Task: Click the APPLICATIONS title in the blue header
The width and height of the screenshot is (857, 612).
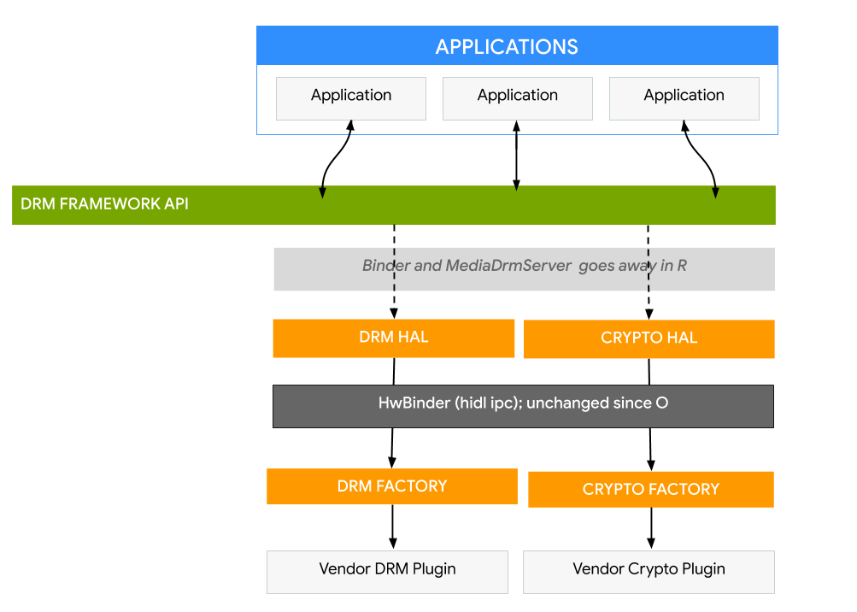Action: coord(507,46)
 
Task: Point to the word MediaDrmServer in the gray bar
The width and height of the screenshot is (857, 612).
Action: coord(508,266)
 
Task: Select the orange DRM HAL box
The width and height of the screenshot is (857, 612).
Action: coord(393,338)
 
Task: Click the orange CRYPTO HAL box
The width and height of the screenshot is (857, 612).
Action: coord(649,338)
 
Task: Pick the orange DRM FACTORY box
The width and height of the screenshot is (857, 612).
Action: coord(391,486)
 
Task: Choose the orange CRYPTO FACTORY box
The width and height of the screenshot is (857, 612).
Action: coord(650,489)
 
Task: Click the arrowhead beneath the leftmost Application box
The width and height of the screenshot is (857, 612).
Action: coord(350,127)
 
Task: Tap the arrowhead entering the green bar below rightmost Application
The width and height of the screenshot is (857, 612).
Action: coord(715,193)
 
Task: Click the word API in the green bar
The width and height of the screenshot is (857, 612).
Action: coord(175,204)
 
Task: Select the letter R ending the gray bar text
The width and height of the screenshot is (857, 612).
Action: coord(682,266)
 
